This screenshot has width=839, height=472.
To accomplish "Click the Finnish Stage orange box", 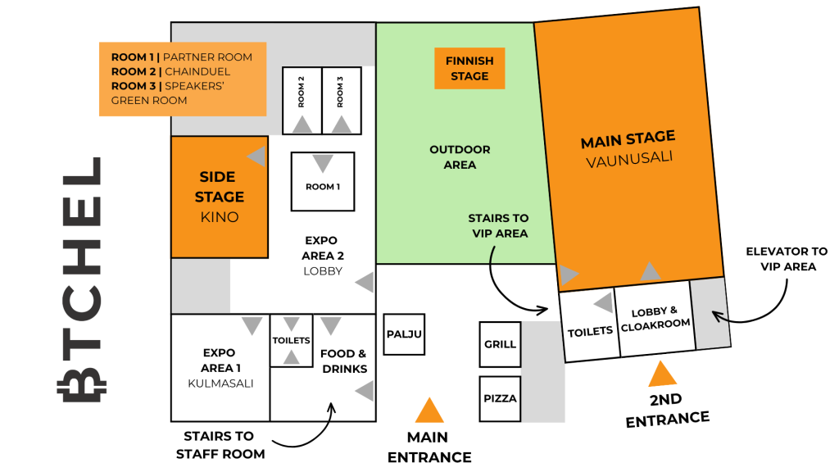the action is pyautogui.click(x=469, y=69).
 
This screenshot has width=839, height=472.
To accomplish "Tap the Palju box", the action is pyautogui.click(x=404, y=334).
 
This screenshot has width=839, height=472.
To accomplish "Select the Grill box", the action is pyautogui.click(x=500, y=344).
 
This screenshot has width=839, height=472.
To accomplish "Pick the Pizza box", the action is pyautogui.click(x=500, y=399).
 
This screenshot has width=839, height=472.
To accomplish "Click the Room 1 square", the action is pyautogui.click(x=323, y=181).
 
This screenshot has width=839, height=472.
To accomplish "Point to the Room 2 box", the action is pyautogui.click(x=302, y=101).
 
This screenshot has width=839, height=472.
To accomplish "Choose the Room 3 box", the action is pyautogui.click(x=342, y=101).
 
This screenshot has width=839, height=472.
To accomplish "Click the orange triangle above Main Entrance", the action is pyautogui.click(x=429, y=411).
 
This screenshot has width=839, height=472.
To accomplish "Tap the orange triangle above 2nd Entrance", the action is pyautogui.click(x=662, y=374).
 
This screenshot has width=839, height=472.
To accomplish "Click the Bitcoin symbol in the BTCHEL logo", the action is pyautogui.click(x=82, y=383).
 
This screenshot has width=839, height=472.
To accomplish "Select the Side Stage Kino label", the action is pyautogui.click(x=220, y=197).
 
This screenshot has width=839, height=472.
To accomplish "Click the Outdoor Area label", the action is pyautogui.click(x=460, y=157).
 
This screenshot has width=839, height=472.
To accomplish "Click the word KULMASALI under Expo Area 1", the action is pyautogui.click(x=220, y=383).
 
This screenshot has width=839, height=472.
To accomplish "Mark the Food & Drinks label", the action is pyautogui.click(x=344, y=361).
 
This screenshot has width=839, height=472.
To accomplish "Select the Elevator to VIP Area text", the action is pyautogui.click(x=787, y=259).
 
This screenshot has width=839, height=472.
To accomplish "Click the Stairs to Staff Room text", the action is pyautogui.click(x=220, y=445).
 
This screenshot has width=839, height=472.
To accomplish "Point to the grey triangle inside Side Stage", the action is pyautogui.click(x=256, y=157).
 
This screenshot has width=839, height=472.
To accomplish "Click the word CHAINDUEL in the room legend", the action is pyautogui.click(x=197, y=72).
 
